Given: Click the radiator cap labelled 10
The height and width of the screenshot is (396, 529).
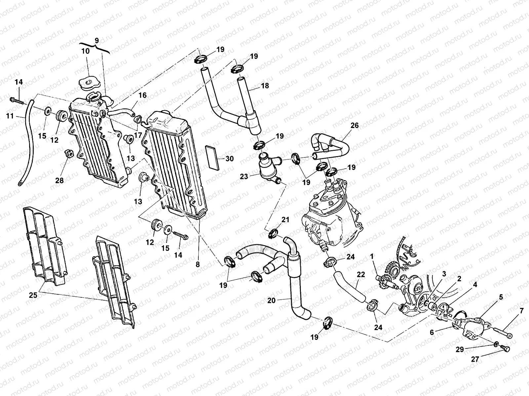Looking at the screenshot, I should pyautogui.click(x=89, y=83).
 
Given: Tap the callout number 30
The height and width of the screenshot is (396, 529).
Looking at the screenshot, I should pyautogui.click(x=229, y=159).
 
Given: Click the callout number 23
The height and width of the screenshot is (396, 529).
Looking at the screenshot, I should pyautogui.click(x=244, y=177).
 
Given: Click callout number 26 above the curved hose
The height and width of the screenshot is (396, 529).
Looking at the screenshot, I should pyautogui.click(x=354, y=126).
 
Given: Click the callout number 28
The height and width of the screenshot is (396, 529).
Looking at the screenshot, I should pyautogui.click(x=60, y=181).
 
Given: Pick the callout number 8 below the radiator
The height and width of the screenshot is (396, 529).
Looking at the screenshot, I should pyautogui.click(x=197, y=264).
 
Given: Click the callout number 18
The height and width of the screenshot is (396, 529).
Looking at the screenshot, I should pyautogui.click(x=265, y=85).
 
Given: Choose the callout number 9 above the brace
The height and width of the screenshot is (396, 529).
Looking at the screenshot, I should pyautogui.click(x=96, y=41).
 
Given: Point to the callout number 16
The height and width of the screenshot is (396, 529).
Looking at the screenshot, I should pyautogui.click(x=142, y=96).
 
